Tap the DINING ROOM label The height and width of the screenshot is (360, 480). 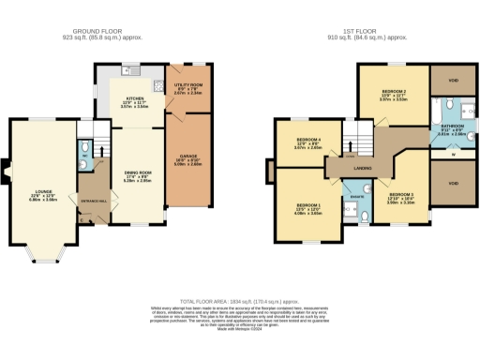[138, 171]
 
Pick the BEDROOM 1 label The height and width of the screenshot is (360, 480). [309, 204]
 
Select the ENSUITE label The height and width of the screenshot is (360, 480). [357, 199]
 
